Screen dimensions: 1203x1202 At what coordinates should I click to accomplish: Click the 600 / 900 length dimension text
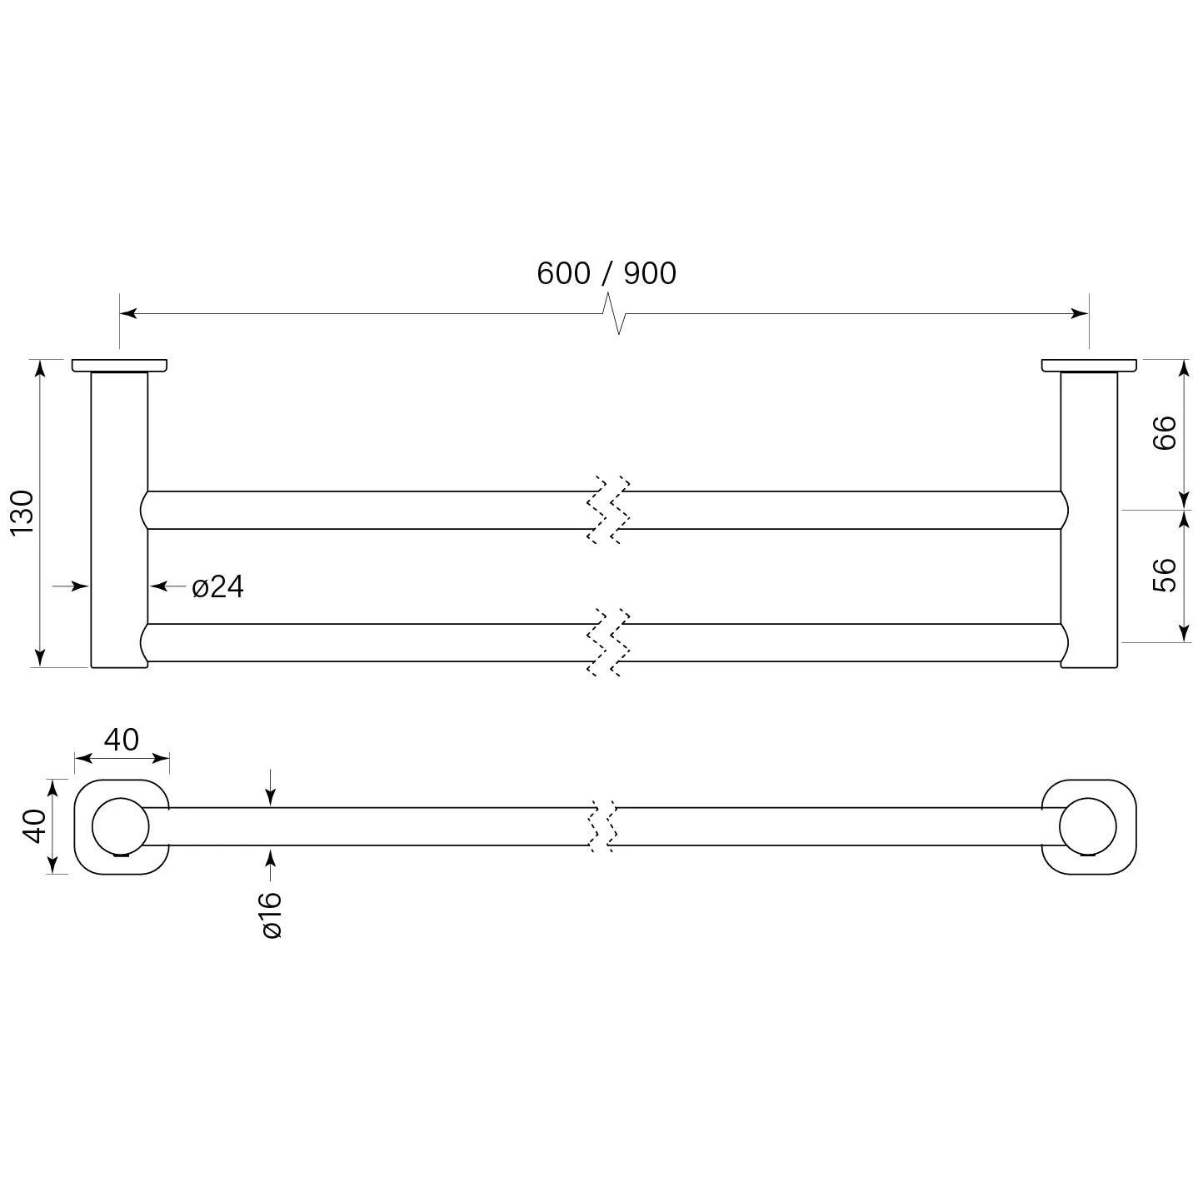606,273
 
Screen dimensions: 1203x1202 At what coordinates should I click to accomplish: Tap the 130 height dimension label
22,513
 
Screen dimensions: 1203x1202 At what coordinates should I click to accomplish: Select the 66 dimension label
1164,432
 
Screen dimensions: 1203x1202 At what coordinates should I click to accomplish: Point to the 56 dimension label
1164,575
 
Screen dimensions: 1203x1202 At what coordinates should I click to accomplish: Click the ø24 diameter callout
218,587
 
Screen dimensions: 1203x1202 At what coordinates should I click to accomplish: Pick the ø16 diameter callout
272,915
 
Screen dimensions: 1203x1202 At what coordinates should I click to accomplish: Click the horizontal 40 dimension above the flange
121,741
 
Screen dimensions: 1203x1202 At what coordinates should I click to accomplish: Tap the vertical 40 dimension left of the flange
35,826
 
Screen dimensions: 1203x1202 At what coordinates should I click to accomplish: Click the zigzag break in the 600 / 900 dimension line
614,313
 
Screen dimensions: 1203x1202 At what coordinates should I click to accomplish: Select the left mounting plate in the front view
119,366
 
